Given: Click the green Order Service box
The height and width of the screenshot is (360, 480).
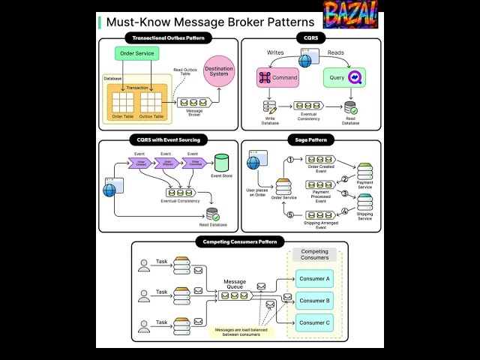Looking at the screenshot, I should [137, 53].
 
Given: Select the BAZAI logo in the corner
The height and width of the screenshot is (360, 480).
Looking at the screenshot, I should [350, 14].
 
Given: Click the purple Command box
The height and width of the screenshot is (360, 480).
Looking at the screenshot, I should [277, 77].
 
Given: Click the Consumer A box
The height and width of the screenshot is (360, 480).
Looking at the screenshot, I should [314, 278].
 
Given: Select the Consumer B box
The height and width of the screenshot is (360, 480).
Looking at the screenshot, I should [314, 301].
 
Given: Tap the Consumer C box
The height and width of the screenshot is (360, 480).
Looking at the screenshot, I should [314, 322].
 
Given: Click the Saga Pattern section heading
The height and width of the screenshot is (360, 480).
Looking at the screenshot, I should [310, 140].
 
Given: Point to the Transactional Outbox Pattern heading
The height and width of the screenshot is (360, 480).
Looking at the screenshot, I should [168, 37].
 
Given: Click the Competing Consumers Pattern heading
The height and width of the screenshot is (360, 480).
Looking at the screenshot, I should [240, 241].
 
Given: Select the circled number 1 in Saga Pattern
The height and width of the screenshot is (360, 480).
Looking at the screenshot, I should [289, 160].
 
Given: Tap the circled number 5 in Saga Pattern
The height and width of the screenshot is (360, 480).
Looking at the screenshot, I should [289, 215].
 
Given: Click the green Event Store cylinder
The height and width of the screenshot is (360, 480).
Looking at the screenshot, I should [221, 162].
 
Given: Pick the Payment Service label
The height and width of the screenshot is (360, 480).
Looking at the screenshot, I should [364, 184].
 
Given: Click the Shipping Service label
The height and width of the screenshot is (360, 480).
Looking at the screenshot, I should [364, 215].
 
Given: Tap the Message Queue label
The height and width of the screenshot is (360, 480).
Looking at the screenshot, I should [235, 285].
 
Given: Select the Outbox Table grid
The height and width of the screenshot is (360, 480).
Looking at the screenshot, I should [151, 101].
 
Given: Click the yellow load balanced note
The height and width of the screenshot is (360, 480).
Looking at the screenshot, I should [241, 331].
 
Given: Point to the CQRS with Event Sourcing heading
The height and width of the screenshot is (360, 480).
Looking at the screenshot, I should [168, 140].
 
